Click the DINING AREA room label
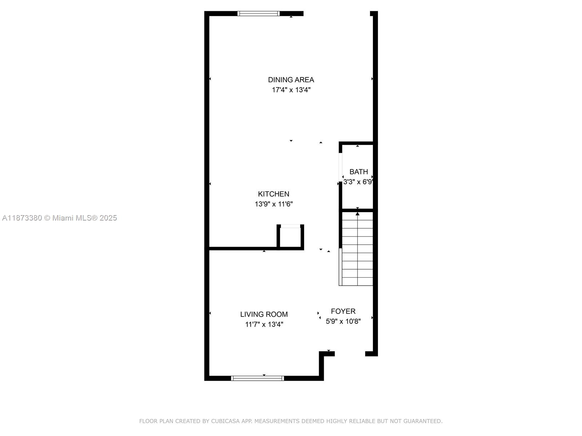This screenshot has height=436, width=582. point(291,80)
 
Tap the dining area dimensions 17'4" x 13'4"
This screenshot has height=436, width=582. point(291,90)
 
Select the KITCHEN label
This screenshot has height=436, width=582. point(274,194)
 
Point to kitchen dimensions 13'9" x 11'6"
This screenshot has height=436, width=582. point(274,204)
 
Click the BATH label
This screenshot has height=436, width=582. point(359,171)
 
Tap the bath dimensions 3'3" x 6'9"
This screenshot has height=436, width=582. point(358,182)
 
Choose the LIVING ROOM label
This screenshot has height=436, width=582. point(264,314)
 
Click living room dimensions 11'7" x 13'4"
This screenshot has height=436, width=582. point(264,324)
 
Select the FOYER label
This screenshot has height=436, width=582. point(343,311)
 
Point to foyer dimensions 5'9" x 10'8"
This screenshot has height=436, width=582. point(343,321)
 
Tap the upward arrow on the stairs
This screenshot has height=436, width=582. point(358,214)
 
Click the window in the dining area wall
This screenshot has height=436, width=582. point(259,13)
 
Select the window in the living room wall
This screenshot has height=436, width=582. point(258,378)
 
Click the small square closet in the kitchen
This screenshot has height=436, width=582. point(290,238)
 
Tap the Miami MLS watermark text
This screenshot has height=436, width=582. point(59,218)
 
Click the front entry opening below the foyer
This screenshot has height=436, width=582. point(350,354)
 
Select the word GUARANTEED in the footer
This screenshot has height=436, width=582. point(423,421)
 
